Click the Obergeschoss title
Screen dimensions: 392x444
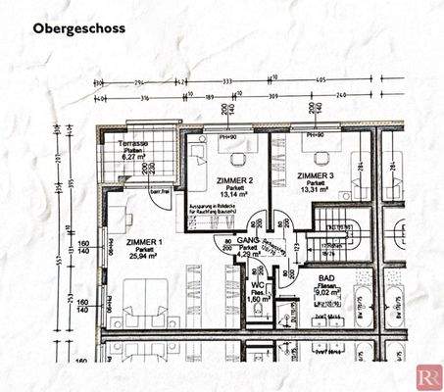coord(78,28)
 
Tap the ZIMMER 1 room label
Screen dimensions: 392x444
coord(145,241)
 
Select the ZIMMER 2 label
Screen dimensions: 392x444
coord(235,180)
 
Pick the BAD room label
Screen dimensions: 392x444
coord(326,277)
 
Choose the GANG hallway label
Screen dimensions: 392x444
coord(247,240)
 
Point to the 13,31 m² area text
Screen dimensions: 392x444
coord(317,189)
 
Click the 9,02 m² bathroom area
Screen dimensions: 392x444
coord(326,291)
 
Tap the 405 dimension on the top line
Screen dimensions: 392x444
coord(321,81)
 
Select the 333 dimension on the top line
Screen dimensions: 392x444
coord(226,81)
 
